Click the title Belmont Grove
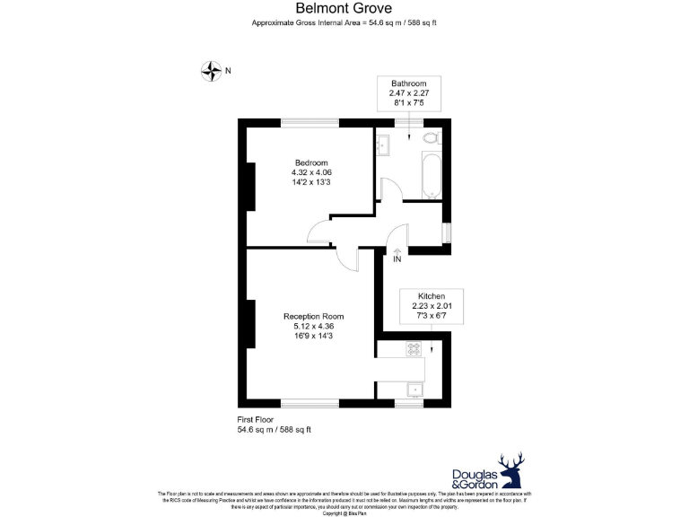click(344, 9)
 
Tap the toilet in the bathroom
click(430, 137)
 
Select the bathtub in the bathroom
click(431, 174)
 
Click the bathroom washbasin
click(382, 143)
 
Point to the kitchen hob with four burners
click(414, 348)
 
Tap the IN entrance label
click(397, 259)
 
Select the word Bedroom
click(311, 162)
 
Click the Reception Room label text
click(313, 317)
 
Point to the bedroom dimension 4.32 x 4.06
click(311, 172)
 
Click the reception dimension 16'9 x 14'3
click(313, 337)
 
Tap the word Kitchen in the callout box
click(431, 296)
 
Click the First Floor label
click(256, 419)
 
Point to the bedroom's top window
click(310, 123)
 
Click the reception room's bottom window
click(310, 403)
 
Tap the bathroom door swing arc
click(388, 188)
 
